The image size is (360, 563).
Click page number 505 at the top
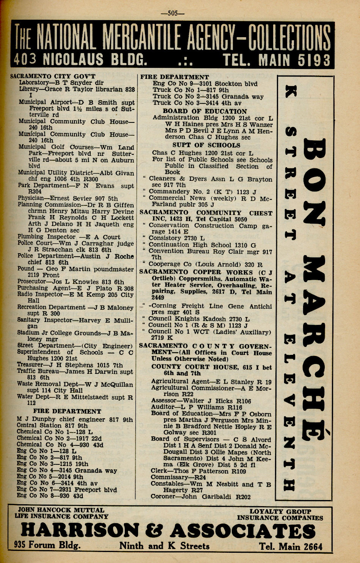[173, 13]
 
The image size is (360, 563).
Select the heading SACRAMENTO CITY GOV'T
[53, 76]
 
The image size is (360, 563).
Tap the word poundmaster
[112, 269]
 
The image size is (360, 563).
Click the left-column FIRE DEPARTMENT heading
[67, 411]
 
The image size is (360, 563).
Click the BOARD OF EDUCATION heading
[205, 111]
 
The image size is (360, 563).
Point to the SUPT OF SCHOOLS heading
[206, 145]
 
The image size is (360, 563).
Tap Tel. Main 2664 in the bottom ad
[291, 546]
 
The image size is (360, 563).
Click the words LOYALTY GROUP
[280, 511]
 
